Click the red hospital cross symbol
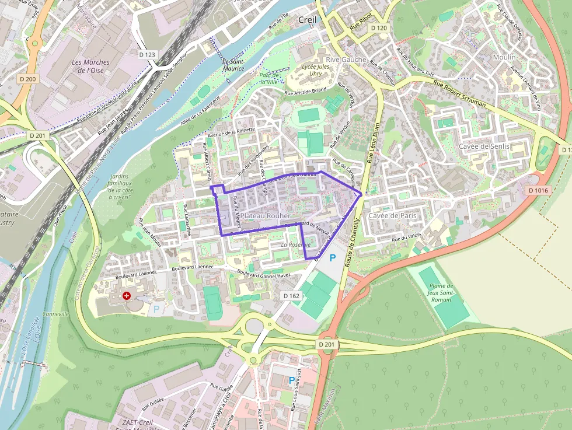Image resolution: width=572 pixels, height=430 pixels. pyautogui.click(x=127, y=296)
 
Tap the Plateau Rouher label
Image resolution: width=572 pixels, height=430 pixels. pyautogui.click(x=265, y=216)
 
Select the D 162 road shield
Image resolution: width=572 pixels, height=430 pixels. pyautogui.click(x=291, y=296)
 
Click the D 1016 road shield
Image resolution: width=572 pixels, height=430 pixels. pyautogui.click(x=538, y=190)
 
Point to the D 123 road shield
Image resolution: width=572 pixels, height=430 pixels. pyautogui.click(x=148, y=54)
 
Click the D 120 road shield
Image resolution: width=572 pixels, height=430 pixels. pyautogui.click(x=379, y=28)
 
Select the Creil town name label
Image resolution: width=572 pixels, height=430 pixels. pyautogui.click(x=307, y=20)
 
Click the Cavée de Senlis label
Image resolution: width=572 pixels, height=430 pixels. pyautogui.click(x=484, y=146)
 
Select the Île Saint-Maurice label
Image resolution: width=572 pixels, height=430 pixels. pyautogui.click(x=233, y=65)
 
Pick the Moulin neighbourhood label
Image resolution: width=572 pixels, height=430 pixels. pyautogui.click(x=504, y=57)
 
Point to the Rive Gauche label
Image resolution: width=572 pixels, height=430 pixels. pyautogui.click(x=346, y=60)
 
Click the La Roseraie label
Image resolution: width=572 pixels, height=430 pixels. pyautogui.click(x=296, y=245)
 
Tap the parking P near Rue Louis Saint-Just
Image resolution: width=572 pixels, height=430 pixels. pyautogui.click(x=292, y=380)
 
